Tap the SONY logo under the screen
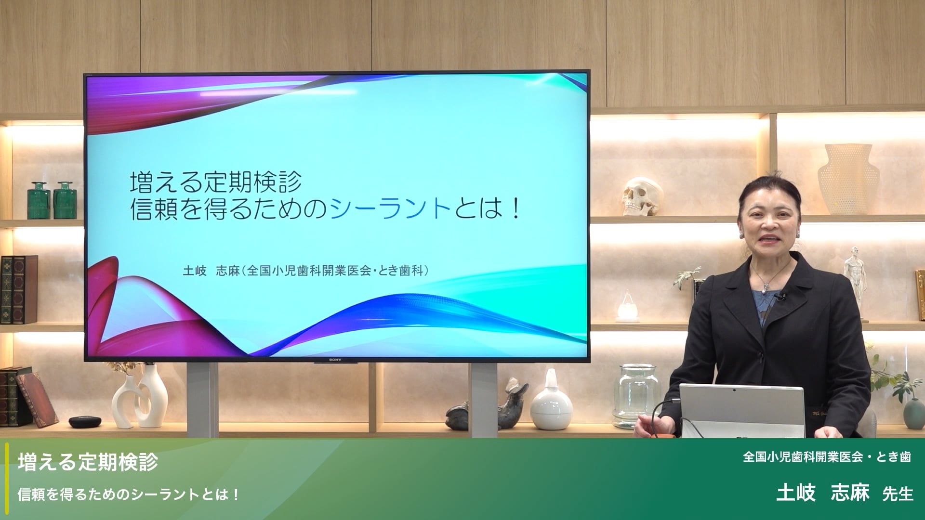coord(335,360)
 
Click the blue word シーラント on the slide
coord(390,209)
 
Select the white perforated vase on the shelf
coord(848,179)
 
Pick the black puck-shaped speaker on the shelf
coord(85,422)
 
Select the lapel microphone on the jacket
coord(781,297)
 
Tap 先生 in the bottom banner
coord(898,494)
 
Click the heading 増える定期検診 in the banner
coord(88,462)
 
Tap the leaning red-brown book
coord(38,399)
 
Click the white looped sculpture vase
coord(140,397)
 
